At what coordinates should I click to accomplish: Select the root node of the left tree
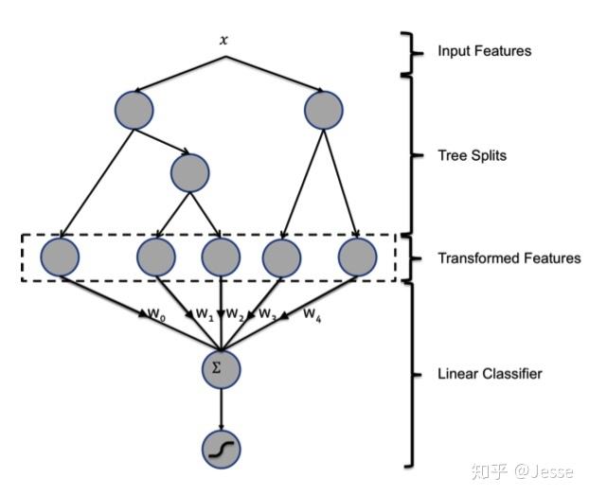tap(134, 110)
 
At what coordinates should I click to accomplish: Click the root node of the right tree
tap(324, 110)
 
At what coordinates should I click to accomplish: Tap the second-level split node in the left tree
tap(189, 172)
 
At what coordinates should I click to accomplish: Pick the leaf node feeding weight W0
tap(60, 257)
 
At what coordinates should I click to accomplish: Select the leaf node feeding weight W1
tap(156, 257)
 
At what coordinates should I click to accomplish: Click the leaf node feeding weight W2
tap(221, 257)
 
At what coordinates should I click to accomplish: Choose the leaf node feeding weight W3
tap(281, 257)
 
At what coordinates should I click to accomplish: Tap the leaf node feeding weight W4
tap(358, 257)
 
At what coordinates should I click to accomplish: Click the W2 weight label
tap(235, 314)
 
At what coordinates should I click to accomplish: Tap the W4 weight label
tap(312, 313)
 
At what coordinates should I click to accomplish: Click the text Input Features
tap(484, 50)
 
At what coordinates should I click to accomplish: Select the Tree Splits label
tap(472, 155)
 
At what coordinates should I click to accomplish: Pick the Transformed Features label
tap(509, 257)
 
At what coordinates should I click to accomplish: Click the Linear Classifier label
tap(490, 374)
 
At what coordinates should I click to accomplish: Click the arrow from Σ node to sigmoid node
tap(221, 409)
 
